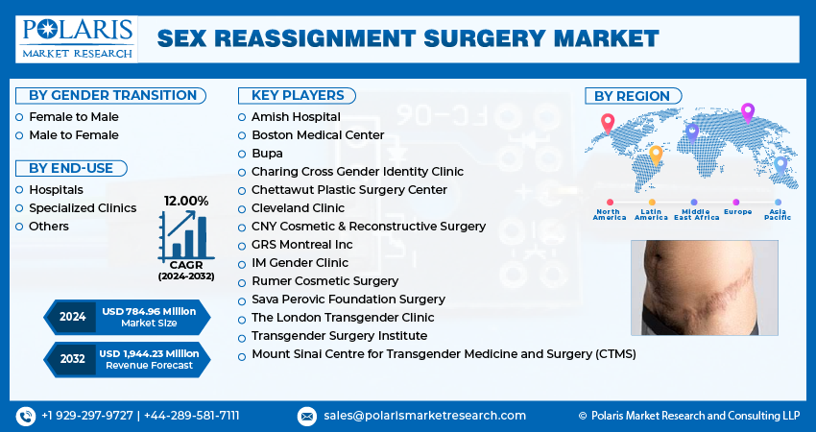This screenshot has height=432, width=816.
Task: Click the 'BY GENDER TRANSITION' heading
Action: point(112,95)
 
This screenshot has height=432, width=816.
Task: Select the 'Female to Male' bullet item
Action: point(73,116)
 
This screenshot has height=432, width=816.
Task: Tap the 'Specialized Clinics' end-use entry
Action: point(82,207)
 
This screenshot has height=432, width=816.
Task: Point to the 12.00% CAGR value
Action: point(186,201)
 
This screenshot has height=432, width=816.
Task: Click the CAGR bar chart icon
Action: point(186,234)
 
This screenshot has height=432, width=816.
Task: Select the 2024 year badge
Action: point(72,316)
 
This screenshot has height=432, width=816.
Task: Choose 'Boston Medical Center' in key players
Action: point(317,135)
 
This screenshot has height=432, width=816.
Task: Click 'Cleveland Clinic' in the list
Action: point(297,207)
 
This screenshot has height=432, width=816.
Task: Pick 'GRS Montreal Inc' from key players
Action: point(301,245)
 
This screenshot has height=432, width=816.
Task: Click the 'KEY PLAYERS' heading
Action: point(297,95)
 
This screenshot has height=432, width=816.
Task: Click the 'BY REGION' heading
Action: point(632,95)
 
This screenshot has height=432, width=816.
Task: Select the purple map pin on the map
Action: point(748,112)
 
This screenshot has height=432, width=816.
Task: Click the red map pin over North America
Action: point(607,123)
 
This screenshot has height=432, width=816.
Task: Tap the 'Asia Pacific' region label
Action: point(778,214)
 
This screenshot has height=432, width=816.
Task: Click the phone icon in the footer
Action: point(25,416)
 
